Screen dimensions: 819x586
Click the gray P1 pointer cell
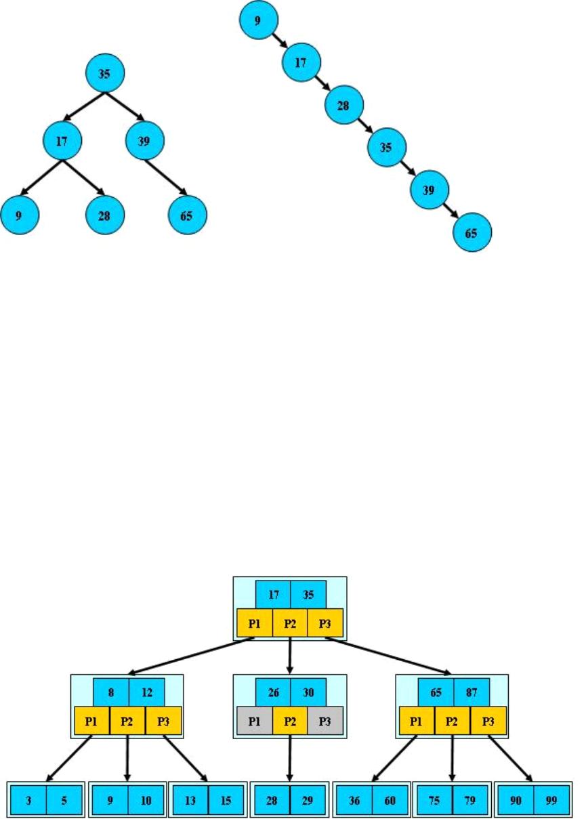255,721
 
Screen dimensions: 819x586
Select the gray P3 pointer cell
326,721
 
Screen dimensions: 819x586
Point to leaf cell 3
28,799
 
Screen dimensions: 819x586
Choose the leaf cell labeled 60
390,799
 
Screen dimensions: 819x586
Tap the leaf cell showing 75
434,799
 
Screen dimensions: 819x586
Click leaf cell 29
308,799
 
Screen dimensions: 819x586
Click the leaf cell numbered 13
190,799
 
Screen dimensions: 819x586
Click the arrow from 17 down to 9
41,178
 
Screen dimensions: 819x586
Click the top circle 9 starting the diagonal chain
257,21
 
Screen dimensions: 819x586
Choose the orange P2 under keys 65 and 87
452,721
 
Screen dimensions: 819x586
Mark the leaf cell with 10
146,799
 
